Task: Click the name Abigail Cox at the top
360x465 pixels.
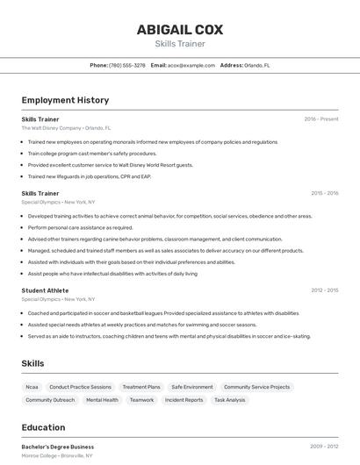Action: [x=179, y=30]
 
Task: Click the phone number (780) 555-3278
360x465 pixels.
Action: [x=127, y=65]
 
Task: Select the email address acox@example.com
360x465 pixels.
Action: [x=191, y=65]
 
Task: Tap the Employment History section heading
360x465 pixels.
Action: [x=65, y=100]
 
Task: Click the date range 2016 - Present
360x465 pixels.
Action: [x=320, y=118]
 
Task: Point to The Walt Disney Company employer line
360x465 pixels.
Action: [x=66, y=127]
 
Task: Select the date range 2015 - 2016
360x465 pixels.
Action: [x=324, y=193]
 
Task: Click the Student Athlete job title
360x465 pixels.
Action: [x=45, y=290]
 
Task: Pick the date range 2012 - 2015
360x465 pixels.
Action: [x=324, y=290]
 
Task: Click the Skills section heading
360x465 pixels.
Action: [x=32, y=363]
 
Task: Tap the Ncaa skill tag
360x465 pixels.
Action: [x=32, y=387]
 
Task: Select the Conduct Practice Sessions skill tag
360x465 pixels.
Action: [x=80, y=387]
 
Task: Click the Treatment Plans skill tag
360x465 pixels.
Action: [x=141, y=387]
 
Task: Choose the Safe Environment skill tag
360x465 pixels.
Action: [x=192, y=387]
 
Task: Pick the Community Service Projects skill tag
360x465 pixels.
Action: [x=256, y=387]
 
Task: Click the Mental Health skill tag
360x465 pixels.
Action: [x=102, y=400]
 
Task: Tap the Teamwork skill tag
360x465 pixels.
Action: [x=141, y=400]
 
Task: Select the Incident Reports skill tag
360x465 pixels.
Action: [x=184, y=400]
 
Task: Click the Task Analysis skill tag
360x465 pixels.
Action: [x=229, y=400]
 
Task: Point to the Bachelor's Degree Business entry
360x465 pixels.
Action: [x=58, y=447]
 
